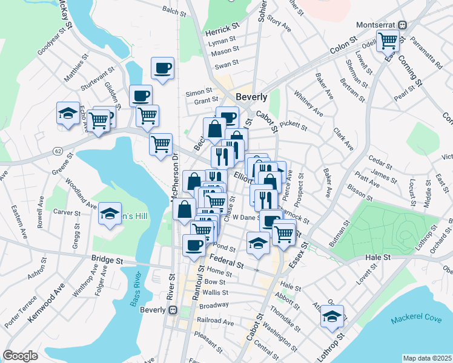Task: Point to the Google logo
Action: click(20, 356)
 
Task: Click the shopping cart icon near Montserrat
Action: click(388, 41)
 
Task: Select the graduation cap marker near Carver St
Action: click(110, 213)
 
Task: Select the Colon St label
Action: click(342, 51)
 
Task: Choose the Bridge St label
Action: click(107, 260)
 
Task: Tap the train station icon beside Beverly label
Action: click(173, 310)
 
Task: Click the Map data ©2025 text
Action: click(426, 358)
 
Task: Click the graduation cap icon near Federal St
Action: click(258, 243)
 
